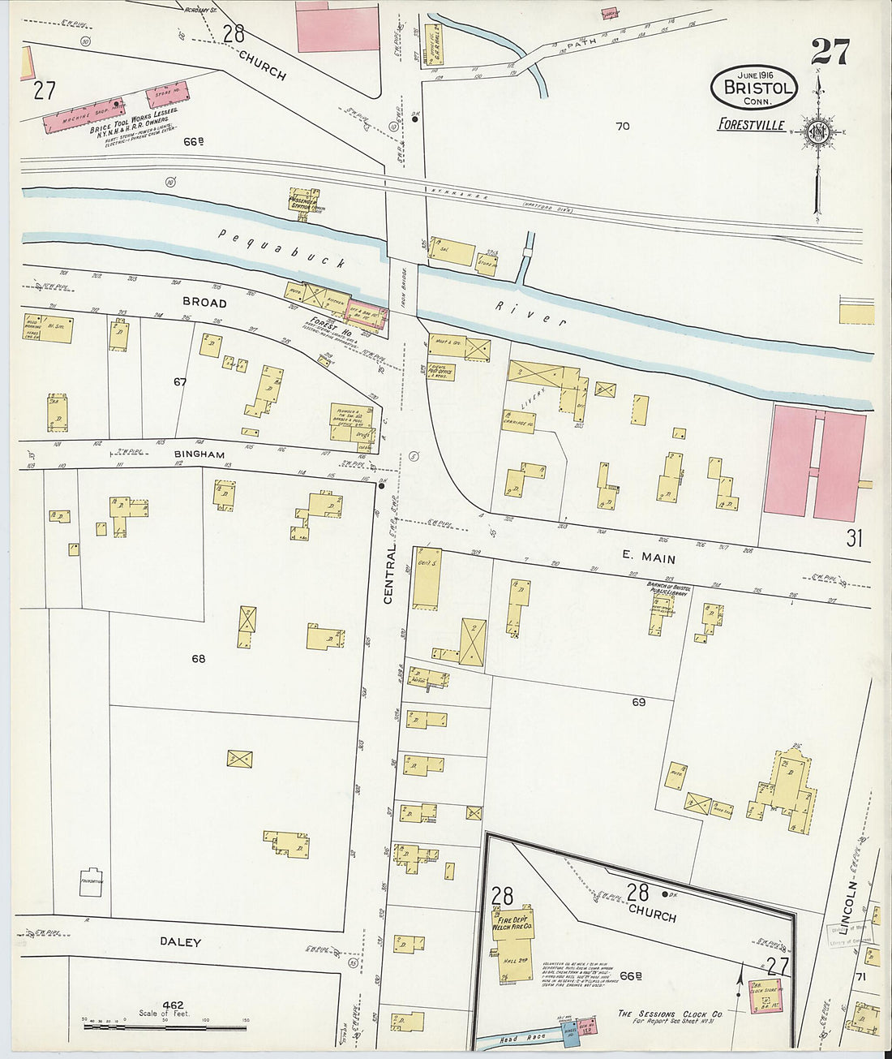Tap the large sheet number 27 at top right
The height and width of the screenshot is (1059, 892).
(830, 52)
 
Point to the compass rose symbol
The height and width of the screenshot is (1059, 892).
(817, 132)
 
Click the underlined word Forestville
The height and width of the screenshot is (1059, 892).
(751, 125)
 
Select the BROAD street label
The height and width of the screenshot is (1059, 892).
(204, 302)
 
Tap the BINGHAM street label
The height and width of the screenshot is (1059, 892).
(199, 454)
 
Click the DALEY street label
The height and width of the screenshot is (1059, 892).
(180, 942)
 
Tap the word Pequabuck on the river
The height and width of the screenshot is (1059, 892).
(282, 248)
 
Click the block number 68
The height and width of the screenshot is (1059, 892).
(198, 659)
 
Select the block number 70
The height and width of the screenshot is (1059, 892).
(622, 126)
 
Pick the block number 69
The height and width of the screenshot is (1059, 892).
(638, 702)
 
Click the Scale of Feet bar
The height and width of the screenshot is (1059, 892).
(154, 1027)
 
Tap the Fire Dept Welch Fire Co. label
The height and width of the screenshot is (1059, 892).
(512, 921)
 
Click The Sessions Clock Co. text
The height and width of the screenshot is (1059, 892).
(670, 1014)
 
